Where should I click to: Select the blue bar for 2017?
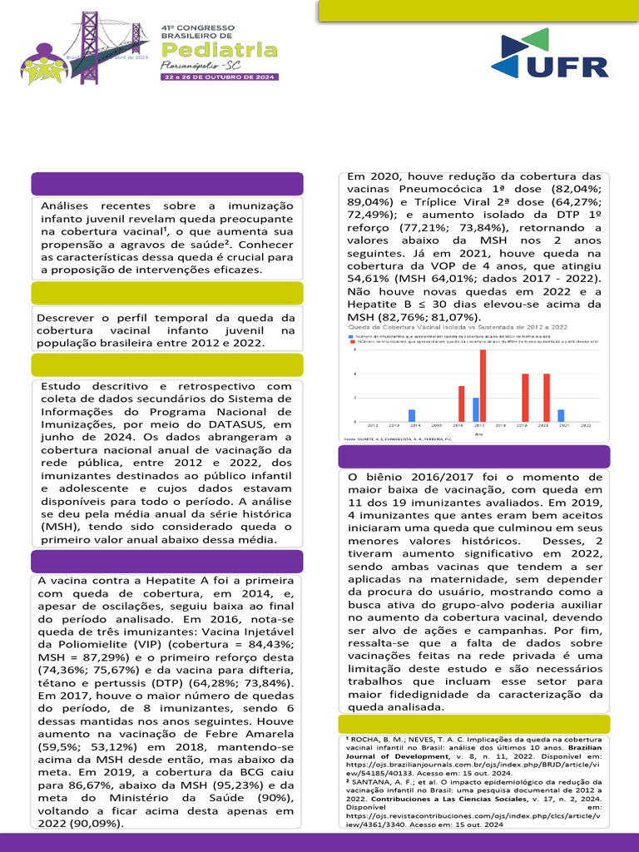pos(476,409)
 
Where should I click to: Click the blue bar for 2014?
pos(412,415)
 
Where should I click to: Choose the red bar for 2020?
pos(547,398)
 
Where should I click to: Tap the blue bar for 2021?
pos(561,415)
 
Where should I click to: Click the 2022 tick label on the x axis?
pos(587,425)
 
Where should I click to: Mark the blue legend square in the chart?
pos(351,335)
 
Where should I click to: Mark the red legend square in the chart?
pos(351,341)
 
